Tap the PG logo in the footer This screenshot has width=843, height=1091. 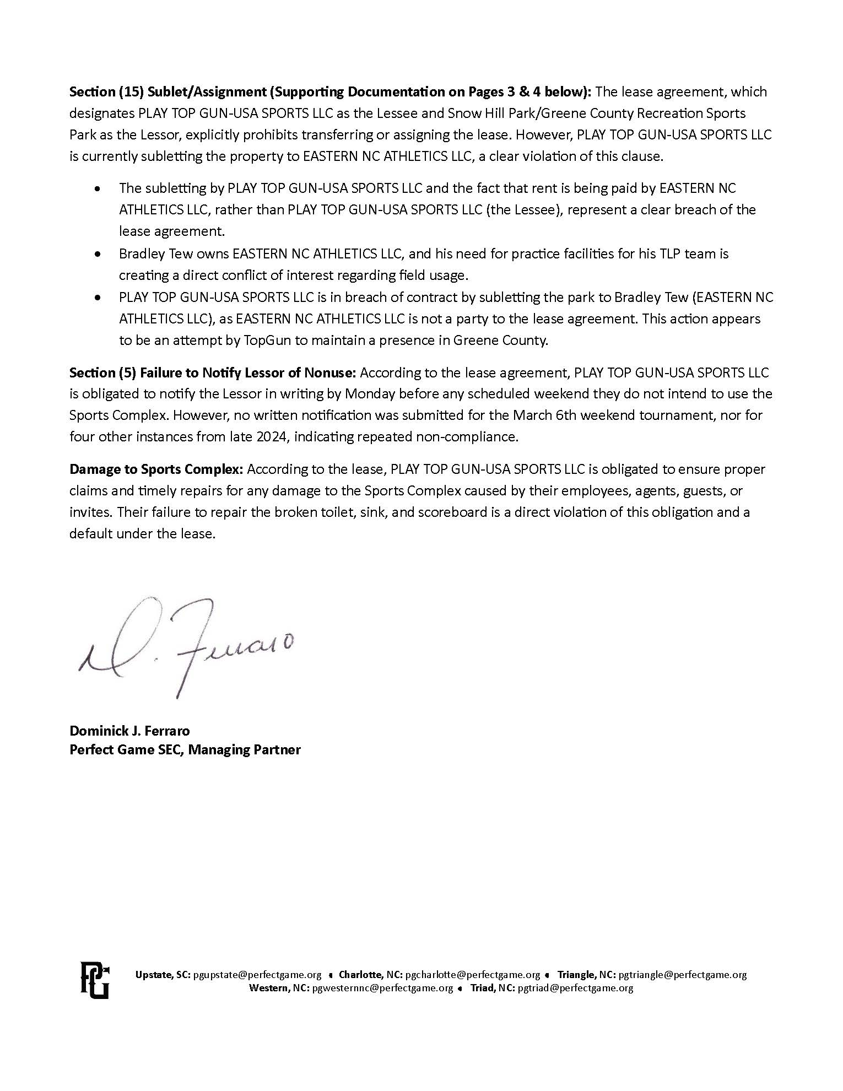(x=95, y=980)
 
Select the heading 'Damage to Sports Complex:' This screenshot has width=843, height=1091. (x=156, y=469)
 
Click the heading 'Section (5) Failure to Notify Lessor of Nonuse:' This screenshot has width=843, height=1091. (x=213, y=373)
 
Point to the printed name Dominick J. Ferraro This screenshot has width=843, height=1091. (x=129, y=731)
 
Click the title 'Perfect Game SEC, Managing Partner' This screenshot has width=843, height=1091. (x=185, y=749)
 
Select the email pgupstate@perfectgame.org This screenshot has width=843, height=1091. (x=257, y=975)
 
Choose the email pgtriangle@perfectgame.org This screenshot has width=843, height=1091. (x=682, y=975)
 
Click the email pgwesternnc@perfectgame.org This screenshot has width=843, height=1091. (x=382, y=988)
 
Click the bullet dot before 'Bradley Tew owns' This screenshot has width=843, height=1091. (x=98, y=254)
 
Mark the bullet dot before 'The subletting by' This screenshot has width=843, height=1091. (x=98, y=188)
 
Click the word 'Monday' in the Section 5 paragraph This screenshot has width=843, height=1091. (x=338, y=394)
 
